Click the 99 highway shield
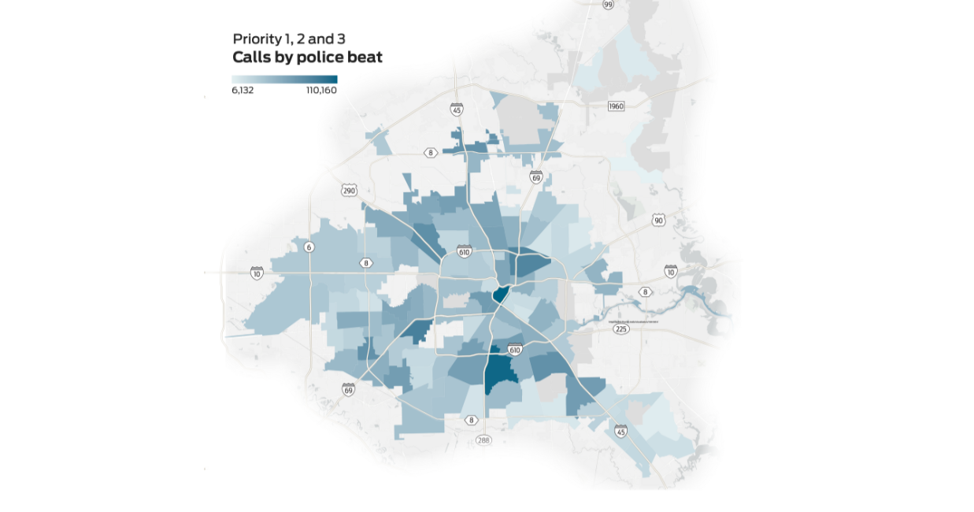[x=608, y=5]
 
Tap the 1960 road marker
[x=616, y=106]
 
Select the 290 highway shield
[x=349, y=191]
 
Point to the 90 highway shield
[x=658, y=220]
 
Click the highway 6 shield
[x=309, y=247]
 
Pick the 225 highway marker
[x=621, y=329]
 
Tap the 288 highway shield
[x=483, y=440]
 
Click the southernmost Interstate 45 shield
[x=620, y=431]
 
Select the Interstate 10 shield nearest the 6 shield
[x=257, y=273]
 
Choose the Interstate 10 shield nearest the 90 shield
[x=670, y=271]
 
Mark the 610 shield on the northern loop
[x=464, y=252]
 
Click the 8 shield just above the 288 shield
[x=471, y=420]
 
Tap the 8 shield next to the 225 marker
[x=645, y=292]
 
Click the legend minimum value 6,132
[x=243, y=91]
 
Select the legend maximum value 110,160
[x=321, y=91]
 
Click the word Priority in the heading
[x=256, y=39]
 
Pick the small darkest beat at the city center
[x=499, y=295]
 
